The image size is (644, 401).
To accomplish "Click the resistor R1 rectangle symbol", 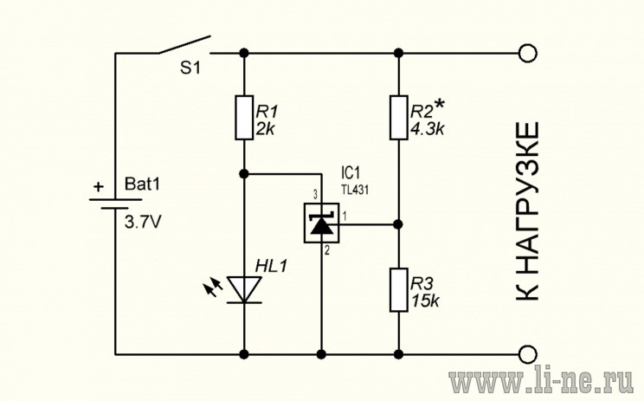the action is click(x=244, y=118).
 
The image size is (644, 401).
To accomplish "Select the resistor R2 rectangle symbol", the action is click(x=398, y=118).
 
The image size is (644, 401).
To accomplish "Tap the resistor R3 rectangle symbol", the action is click(x=398, y=289).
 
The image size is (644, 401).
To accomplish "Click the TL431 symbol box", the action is click(x=321, y=223).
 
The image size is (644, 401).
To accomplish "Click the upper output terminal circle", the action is click(x=527, y=54).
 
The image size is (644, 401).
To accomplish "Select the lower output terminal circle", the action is click(x=527, y=354).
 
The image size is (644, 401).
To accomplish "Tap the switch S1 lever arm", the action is click(x=184, y=44).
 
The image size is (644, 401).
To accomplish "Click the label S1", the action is click(x=190, y=68).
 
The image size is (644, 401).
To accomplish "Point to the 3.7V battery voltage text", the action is click(x=143, y=223).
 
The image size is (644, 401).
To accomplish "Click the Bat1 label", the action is click(x=142, y=184).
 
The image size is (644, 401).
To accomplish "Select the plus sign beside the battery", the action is click(x=99, y=187).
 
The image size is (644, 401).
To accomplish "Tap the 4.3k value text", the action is click(x=427, y=129).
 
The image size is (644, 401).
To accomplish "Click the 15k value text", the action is click(x=425, y=301).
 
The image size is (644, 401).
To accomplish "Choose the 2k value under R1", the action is click(x=265, y=129).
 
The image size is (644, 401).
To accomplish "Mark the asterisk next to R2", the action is click(x=440, y=105).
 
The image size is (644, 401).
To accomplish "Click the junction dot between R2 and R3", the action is click(x=397, y=224).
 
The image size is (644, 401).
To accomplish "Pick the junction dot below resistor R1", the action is click(x=244, y=174).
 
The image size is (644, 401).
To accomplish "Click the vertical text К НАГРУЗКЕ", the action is click(x=526, y=211).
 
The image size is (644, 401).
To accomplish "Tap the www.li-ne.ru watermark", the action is click(x=541, y=382).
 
